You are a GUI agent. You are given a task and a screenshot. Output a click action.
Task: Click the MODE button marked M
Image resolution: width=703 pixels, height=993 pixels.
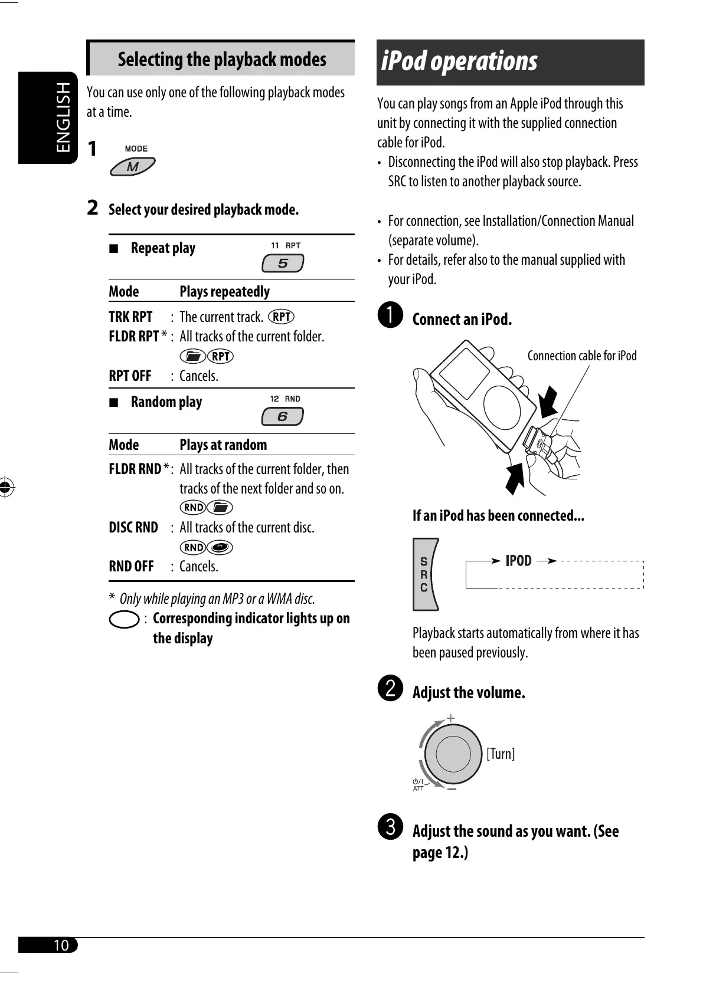click(x=133, y=167)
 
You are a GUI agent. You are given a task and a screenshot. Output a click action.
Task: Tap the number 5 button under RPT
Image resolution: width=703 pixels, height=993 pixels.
click(x=283, y=263)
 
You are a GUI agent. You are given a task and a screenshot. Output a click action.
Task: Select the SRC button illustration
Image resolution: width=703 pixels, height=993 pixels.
click(x=425, y=574)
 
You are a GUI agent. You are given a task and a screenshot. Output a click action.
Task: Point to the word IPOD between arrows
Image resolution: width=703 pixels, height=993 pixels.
click(x=518, y=561)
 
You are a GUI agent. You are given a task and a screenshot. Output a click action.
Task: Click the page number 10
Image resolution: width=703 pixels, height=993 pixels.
click(x=61, y=945)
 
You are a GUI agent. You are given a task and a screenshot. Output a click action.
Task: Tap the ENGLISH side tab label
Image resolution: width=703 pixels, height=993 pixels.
click(x=63, y=117)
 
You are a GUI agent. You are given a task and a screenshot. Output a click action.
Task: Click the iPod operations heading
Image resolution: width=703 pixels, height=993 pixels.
click(x=459, y=61)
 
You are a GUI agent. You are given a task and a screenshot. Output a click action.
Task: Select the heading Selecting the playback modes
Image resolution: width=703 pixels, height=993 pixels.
click(x=221, y=60)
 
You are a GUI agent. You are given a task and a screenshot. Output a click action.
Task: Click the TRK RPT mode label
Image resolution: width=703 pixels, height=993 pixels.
click(x=130, y=317)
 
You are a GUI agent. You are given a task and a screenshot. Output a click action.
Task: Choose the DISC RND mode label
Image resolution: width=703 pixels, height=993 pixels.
click(x=133, y=528)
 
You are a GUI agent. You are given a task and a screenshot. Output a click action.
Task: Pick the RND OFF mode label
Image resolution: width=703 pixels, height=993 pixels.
click(x=131, y=567)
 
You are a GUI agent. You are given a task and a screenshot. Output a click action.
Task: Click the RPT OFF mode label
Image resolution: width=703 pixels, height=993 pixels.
click(x=130, y=376)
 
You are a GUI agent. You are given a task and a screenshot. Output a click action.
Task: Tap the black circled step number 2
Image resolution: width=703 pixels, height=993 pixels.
click(x=390, y=688)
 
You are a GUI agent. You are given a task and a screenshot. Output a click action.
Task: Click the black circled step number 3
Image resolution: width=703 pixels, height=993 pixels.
click(x=390, y=826)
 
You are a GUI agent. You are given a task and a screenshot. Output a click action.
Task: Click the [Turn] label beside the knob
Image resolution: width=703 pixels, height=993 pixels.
click(x=501, y=754)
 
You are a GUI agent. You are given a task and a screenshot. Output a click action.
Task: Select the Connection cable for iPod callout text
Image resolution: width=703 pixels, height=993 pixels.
click(x=581, y=356)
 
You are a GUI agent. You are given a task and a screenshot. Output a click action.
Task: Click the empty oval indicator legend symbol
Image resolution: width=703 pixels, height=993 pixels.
click(x=125, y=620)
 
